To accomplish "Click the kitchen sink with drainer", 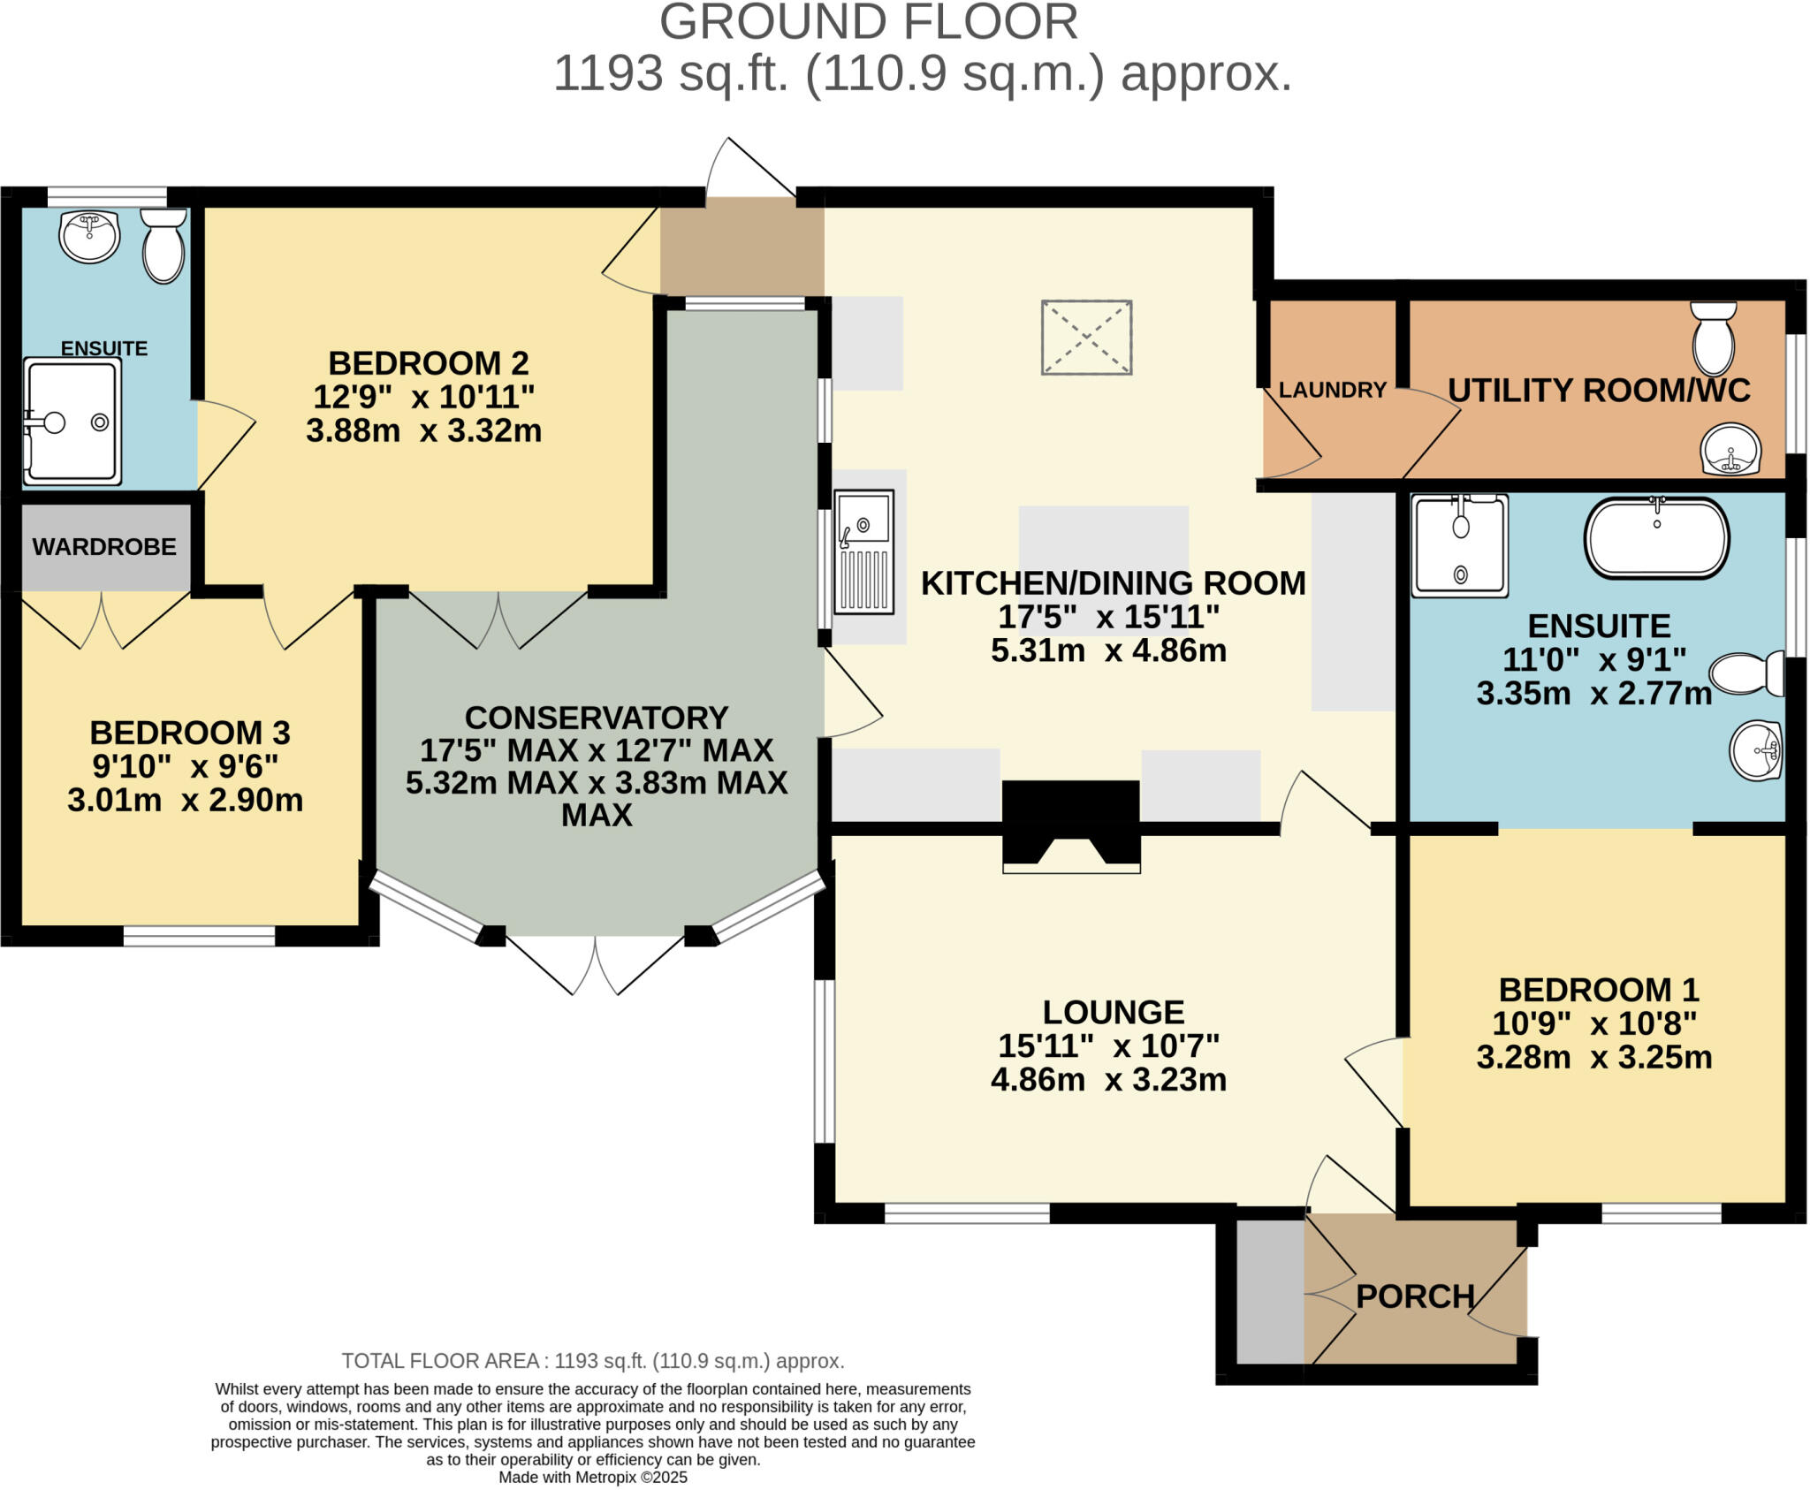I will (x=864, y=551).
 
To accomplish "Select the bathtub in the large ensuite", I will (x=1656, y=537).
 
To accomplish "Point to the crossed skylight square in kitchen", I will (x=1086, y=338).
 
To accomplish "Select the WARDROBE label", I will (x=104, y=547).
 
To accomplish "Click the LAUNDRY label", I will (x=1332, y=390).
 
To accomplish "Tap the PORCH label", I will (x=1415, y=1296).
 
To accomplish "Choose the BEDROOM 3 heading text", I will (x=190, y=733).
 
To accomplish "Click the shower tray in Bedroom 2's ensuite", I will (x=72, y=422).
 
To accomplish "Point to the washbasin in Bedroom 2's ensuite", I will (x=88, y=236).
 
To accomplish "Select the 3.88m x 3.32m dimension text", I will (x=423, y=431).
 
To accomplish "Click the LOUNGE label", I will (x=1113, y=1012).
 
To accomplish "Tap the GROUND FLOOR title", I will (x=868, y=22).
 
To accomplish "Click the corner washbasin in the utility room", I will (x=1730, y=450).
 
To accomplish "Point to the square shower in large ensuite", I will (x=1459, y=545).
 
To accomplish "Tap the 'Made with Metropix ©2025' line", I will (x=592, y=1477).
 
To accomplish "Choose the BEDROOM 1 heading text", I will (x=1598, y=990).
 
